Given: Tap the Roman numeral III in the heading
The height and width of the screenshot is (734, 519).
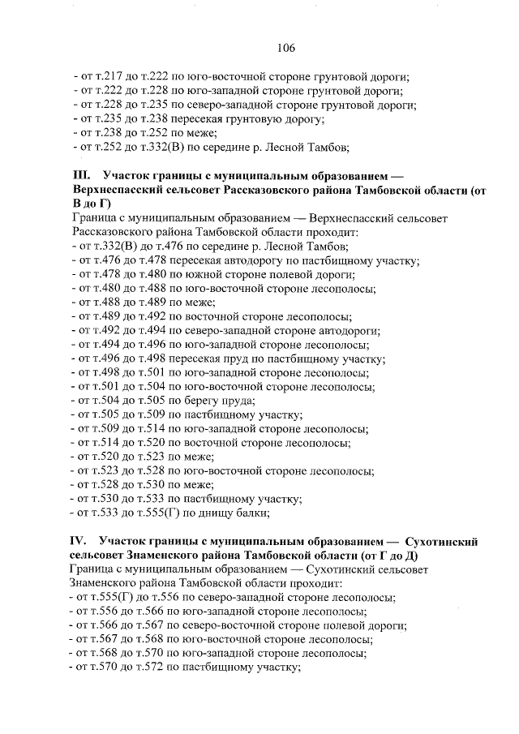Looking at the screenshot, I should [81, 174].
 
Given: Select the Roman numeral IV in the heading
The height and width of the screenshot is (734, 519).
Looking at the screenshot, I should [80, 540].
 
